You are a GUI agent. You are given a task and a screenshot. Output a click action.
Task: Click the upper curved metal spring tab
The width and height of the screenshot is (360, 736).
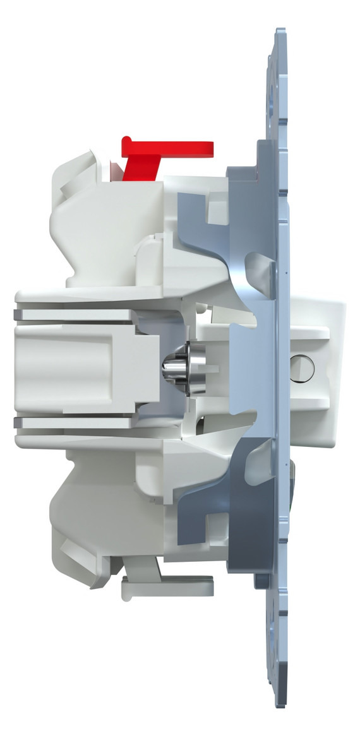click(259, 265)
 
